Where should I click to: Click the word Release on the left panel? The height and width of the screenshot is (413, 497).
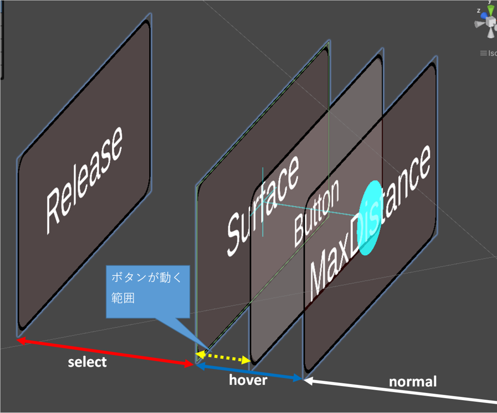point(84,181)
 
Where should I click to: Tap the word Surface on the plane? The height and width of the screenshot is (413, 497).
point(263,206)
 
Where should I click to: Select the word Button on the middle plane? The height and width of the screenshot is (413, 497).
point(316,213)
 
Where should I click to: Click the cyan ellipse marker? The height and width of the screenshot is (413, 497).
point(370,218)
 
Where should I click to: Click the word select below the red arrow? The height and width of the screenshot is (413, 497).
point(87,362)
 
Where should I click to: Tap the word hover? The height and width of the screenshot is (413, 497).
point(248,380)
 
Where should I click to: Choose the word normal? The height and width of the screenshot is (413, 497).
point(413,382)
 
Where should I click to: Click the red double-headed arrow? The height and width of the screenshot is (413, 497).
point(105,352)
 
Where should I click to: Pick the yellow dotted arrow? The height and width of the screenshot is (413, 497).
point(223,357)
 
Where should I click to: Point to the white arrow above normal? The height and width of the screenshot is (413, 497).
point(400,391)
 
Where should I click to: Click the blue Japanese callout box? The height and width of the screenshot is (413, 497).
point(148,292)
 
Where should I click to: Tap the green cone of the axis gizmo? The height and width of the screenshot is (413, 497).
point(490,10)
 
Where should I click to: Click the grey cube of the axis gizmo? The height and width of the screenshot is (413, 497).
point(491,22)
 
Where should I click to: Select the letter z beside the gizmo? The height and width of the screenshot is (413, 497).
point(478,10)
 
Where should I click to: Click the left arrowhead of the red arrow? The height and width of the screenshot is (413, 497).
point(21,341)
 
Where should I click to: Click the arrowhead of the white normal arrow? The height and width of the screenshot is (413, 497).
point(308,381)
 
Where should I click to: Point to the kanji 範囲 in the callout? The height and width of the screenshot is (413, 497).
point(123,298)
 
